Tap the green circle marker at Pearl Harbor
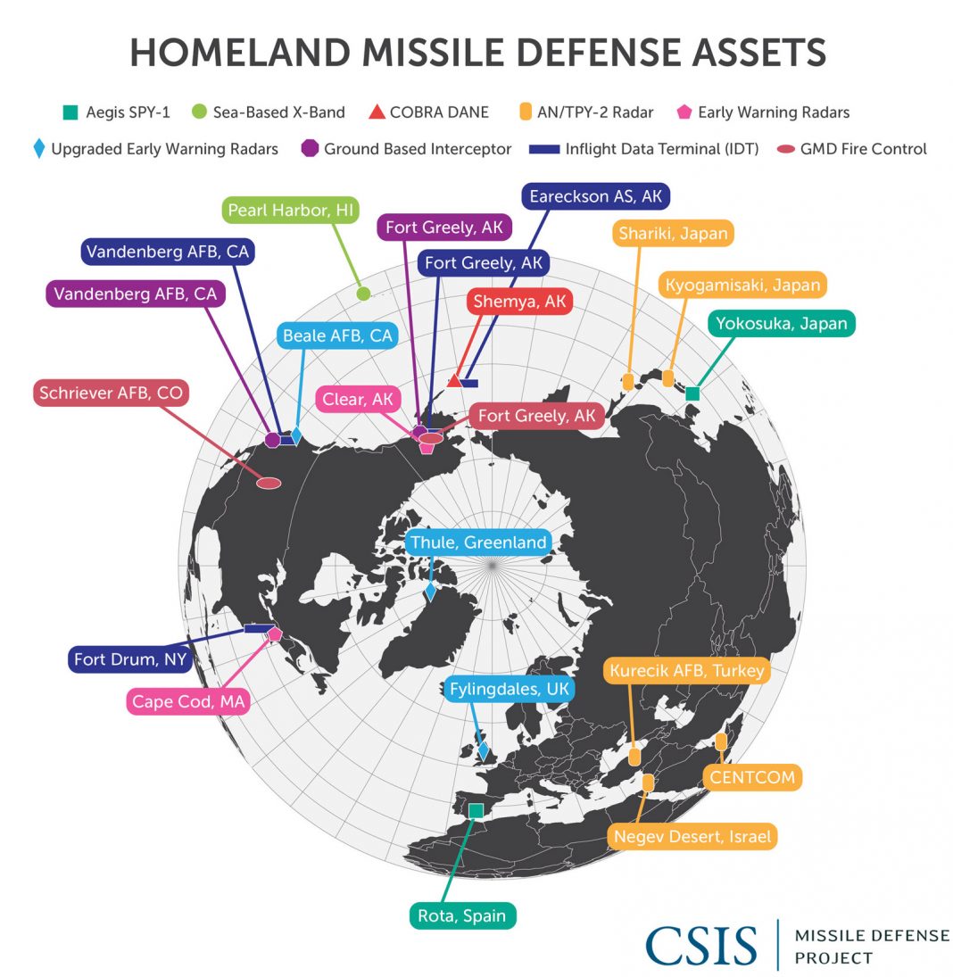tap(363, 294)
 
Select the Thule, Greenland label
tap(477, 542)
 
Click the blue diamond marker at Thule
tap(430, 591)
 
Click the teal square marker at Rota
tap(476, 810)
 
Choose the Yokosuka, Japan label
tap(782, 323)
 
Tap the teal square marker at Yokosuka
tap(692, 393)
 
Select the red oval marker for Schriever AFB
tap(269, 483)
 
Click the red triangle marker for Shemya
tap(454, 381)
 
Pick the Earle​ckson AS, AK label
tap(596, 196)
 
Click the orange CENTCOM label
tap(751, 777)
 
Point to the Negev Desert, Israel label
tap(692, 837)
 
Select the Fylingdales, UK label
tap(509, 690)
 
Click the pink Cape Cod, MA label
tap(188, 701)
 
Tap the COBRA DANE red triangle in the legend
tap(376, 112)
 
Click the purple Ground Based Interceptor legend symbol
tap(311, 149)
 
